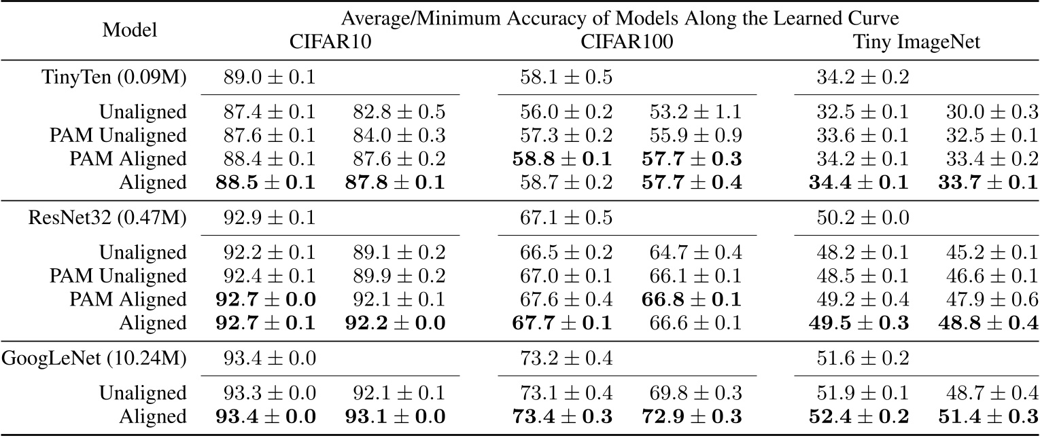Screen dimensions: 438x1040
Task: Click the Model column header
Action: point(128,30)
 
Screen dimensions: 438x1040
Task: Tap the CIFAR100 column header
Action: point(627,41)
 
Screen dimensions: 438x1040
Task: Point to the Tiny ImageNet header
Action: point(916,41)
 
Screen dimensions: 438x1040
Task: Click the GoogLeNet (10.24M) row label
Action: point(108,358)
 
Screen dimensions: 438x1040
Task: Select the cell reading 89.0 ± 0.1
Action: point(269,77)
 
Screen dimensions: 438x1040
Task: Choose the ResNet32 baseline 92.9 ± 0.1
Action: point(269,217)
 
